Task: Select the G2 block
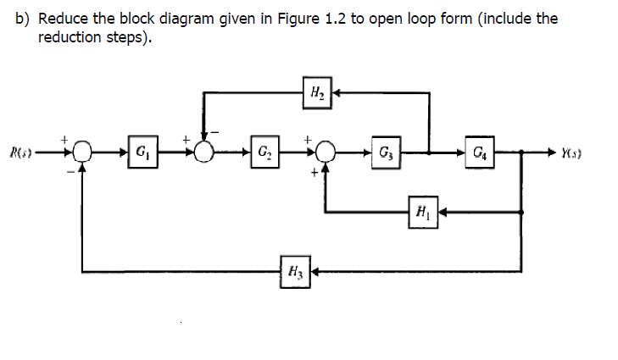click(x=265, y=152)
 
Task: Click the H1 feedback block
click(x=421, y=208)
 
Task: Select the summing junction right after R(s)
click(x=82, y=153)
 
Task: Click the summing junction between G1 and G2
click(x=203, y=153)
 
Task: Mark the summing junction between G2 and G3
click(x=326, y=153)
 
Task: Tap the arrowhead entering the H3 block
click(x=314, y=273)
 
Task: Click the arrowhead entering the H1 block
click(x=440, y=208)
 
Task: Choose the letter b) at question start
click(x=25, y=18)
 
